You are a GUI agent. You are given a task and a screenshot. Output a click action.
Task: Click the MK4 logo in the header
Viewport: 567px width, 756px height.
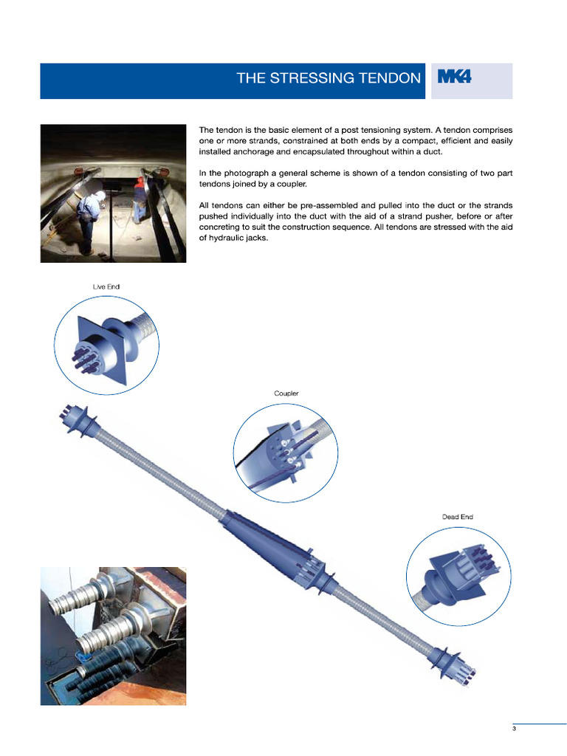pos(454,77)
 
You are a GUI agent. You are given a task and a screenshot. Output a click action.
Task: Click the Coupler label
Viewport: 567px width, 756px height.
pos(286,394)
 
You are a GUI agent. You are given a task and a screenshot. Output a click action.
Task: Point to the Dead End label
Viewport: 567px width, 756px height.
pos(457,517)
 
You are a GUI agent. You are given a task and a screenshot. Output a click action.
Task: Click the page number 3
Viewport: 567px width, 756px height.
pos(514,729)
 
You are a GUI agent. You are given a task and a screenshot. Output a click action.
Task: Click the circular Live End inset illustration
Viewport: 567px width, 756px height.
pos(107,345)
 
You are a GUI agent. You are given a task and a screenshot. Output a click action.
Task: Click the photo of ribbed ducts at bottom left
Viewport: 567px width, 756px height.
pos(113,636)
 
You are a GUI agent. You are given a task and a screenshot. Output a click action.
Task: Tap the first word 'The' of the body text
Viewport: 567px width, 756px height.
pos(207,130)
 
